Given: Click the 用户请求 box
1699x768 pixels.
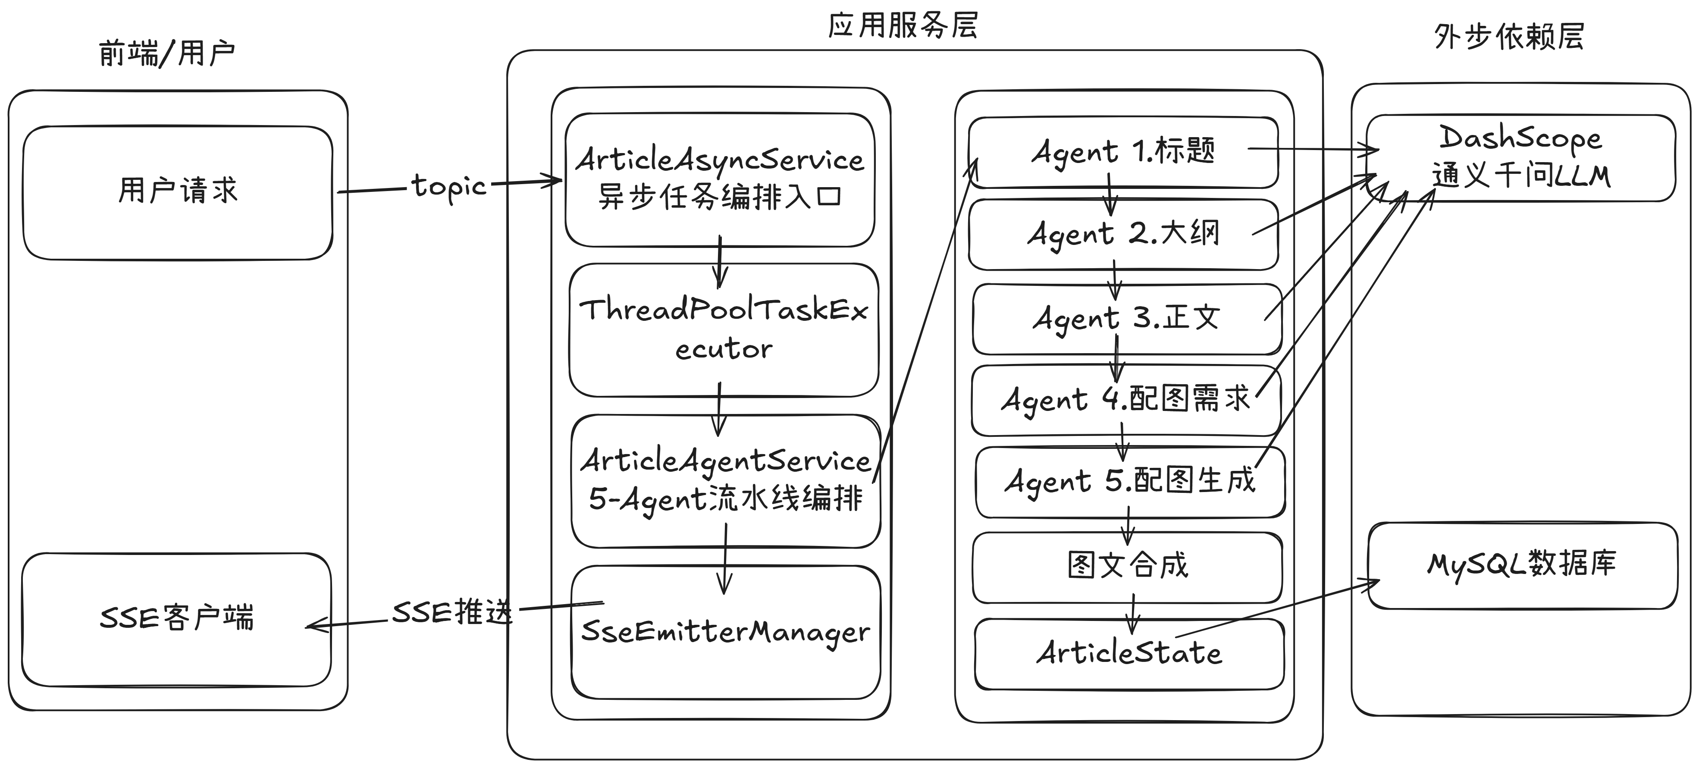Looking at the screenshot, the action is tap(177, 193).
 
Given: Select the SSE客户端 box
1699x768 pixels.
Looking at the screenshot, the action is tap(176, 620).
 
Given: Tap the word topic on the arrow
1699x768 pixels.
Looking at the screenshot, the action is tap(449, 188).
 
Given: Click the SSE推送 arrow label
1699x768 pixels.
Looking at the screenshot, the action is tap(452, 613).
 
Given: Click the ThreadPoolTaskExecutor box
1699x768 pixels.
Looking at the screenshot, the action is tap(724, 330).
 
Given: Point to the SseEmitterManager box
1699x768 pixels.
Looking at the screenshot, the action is tap(725, 632).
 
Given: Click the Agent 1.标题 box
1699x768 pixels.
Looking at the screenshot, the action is tap(1123, 152).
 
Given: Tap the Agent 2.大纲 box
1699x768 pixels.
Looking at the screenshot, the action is tap(1123, 234).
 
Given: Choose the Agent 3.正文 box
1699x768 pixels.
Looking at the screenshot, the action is tap(1127, 319).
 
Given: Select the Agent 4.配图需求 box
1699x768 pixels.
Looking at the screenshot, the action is tap(1126, 400).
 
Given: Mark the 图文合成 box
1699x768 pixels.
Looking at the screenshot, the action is tap(1128, 567).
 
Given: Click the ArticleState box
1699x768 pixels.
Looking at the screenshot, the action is tap(1129, 654).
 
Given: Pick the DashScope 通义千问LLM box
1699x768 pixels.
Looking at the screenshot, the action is tap(1521, 158).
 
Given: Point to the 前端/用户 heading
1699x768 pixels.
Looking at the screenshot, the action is tap(167, 53).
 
